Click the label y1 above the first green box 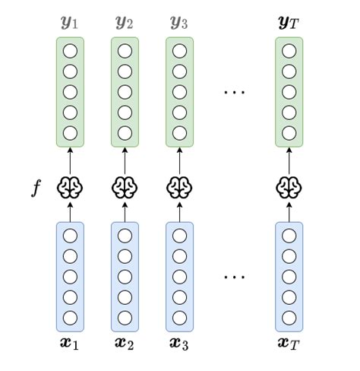point(70,22)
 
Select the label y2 point(125,22)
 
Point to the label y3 point(179,22)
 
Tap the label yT point(289,22)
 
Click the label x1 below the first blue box point(70,343)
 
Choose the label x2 point(125,343)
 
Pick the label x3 point(179,343)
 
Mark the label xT point(289,343)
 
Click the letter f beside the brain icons point(35,187)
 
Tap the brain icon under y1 point(70,187)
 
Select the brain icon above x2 point(125,187)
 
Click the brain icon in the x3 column point(179,187)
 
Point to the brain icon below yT point(289,187)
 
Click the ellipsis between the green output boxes point(234,93)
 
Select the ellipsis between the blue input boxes point(234,276)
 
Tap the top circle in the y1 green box point(70,52)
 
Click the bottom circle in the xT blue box point(289,318)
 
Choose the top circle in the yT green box point(289,52)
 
